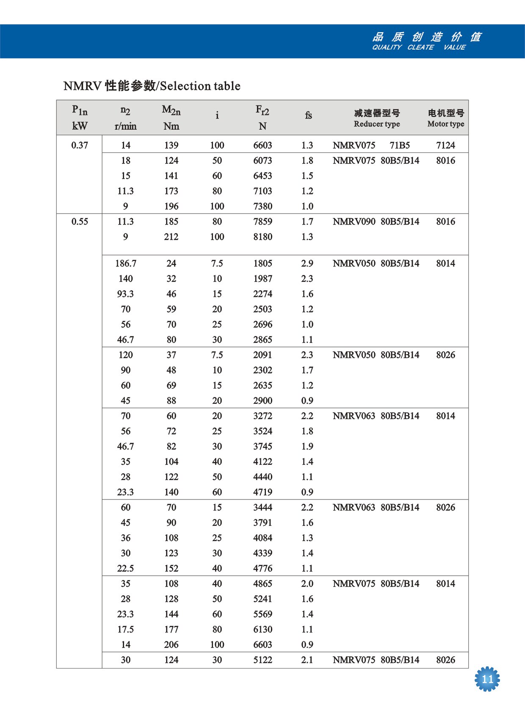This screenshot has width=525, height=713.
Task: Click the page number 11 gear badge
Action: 487,679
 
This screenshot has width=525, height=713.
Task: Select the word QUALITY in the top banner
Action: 387,47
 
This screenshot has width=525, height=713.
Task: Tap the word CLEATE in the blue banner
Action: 420,47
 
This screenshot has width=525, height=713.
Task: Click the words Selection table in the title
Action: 200,86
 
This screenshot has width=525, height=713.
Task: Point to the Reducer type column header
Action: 377,124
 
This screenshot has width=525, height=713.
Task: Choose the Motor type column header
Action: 446,124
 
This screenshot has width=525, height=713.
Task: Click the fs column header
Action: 308,115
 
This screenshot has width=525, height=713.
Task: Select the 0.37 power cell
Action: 80,145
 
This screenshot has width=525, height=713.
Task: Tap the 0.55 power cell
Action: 80,222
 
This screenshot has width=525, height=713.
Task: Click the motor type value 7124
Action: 445,145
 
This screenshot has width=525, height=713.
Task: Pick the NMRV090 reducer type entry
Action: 354,222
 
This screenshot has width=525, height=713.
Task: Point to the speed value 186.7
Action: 126,264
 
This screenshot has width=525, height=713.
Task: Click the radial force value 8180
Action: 262,237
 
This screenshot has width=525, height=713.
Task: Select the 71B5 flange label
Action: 400,145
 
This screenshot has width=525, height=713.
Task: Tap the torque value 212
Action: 171,237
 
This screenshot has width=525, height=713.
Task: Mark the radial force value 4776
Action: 262,569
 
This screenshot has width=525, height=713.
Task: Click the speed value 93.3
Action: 126,294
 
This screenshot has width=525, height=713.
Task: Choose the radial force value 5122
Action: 262,660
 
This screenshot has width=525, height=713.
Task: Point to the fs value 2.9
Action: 307,264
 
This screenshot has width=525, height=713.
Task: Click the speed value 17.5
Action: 126,630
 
